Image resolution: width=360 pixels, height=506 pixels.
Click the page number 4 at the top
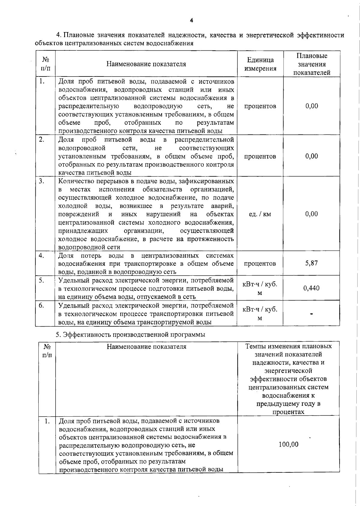[191, 21]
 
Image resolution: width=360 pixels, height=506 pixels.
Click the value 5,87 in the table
[311, 263]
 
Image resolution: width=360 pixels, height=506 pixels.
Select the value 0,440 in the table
[311, 288]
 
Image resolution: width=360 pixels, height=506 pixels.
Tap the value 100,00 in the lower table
[289, 444]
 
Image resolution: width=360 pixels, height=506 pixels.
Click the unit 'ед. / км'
[260, 214]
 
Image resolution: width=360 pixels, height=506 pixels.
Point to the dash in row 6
[312, 314]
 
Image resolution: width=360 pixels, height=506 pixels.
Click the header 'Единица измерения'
[260, 64]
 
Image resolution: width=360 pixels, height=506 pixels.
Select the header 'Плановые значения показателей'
[312, 64]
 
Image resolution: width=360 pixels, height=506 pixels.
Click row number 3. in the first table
[42, 181]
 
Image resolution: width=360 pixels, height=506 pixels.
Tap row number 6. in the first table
[42, 305]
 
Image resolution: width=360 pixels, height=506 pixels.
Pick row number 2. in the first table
[42, 139]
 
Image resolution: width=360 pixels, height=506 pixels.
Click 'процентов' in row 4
[260, 264]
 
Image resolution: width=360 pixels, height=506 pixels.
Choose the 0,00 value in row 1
[312, 106]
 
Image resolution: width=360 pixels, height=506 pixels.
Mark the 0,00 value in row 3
[312, 214]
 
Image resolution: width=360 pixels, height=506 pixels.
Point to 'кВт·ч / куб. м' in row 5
[260, 288]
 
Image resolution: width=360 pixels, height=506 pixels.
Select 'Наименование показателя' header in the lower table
[146, 347]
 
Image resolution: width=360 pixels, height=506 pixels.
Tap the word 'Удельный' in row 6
[72, 306]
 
